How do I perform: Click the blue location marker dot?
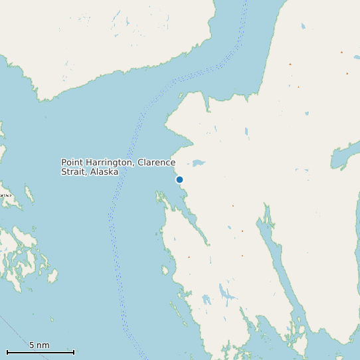179,179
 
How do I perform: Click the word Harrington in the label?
112,163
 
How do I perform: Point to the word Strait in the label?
74,172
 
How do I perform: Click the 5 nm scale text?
39,345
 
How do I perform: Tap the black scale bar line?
40,352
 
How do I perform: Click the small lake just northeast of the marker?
198,163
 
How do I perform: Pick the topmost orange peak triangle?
341,52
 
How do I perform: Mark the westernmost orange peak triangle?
189,257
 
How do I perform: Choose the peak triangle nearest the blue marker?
232,206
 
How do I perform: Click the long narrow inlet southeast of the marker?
279,266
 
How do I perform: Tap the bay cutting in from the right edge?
345,156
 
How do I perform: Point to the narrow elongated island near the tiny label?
29,195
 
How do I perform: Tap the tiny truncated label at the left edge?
5,195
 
